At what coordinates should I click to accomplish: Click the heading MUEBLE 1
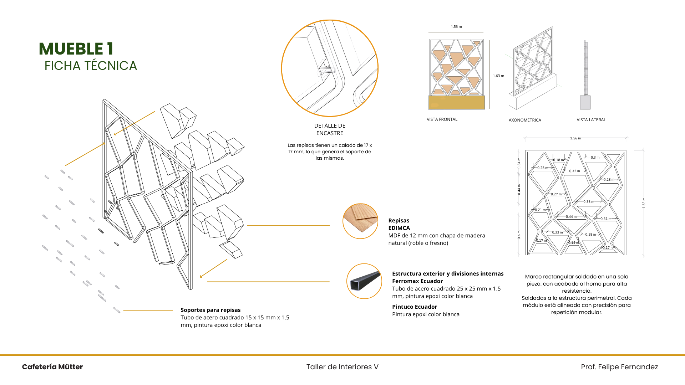pos(76,49)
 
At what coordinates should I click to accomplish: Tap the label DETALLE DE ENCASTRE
pos(330,129)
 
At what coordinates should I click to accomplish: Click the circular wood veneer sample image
pos(360,221)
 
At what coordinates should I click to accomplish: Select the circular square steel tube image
pos(364,281)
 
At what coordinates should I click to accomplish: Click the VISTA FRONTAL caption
pos(442,119)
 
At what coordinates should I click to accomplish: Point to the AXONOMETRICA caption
pos(525,120)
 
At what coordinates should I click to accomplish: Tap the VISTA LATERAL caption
pos(591,120)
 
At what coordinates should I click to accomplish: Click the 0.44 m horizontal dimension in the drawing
pos(571,217)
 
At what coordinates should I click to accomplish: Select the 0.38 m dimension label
pos(589,202)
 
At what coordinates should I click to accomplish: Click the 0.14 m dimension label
pos(574,243)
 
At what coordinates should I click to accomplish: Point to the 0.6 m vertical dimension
pos(519,235)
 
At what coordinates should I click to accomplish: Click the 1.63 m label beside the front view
pos(498,76)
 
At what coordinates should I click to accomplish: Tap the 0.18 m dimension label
pos(558,160)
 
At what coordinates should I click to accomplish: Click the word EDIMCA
pos(399,228)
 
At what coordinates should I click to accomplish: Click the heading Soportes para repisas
pos(210,310)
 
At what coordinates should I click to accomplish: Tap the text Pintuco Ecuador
pos(415,307)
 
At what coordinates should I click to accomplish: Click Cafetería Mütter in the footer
pos(52,367)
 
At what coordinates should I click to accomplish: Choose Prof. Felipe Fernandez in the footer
pos(619,367)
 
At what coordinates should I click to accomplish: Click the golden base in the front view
pos(456,103)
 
